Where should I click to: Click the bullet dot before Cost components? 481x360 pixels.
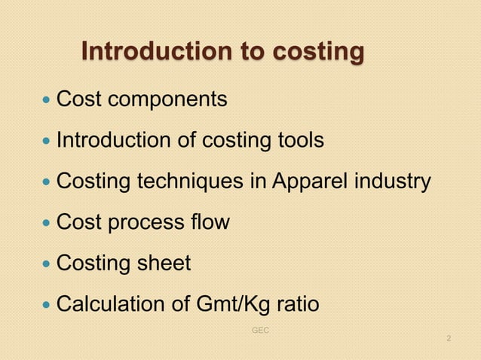tap(47, 99)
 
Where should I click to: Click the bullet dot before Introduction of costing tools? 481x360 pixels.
tap(47, 140)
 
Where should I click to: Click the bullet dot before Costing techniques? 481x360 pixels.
tap(47, 182)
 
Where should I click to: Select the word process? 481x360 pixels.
tap(143, 224)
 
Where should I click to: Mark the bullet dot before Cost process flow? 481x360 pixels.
tap(47, 223)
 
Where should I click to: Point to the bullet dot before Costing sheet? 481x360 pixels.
tap(47, 264)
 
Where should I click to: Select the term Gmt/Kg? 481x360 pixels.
tap(225, 305)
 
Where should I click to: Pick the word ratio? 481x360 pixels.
tap(293, 305)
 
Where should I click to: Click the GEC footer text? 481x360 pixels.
tap(259, 331)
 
